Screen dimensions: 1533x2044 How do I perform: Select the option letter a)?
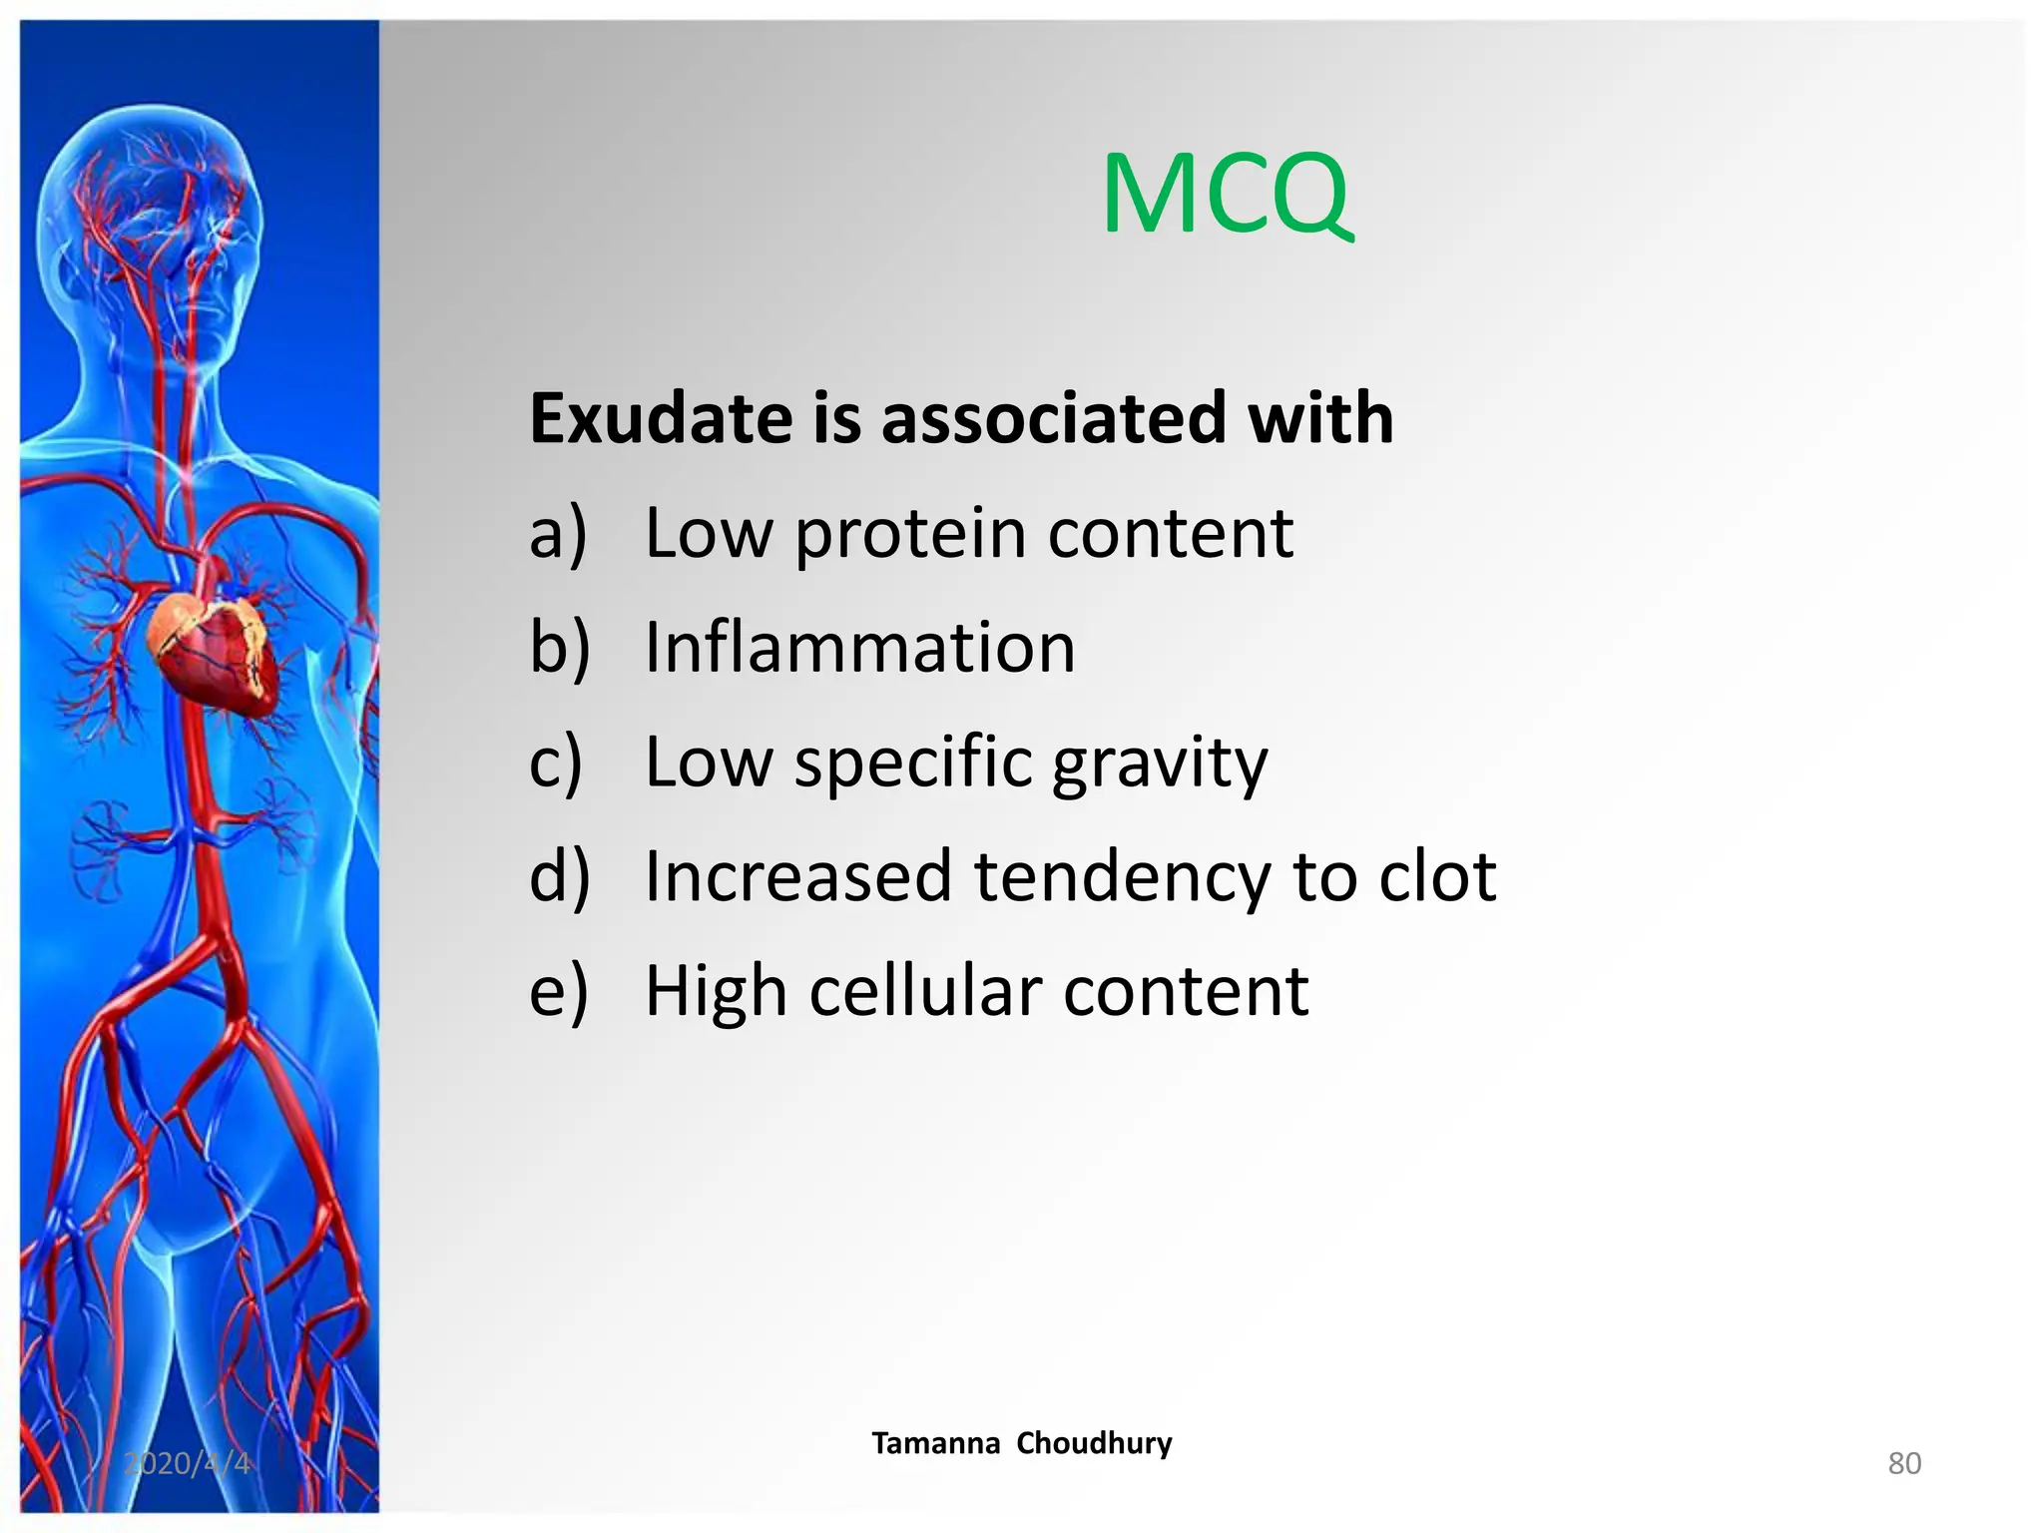[x=559, y=534]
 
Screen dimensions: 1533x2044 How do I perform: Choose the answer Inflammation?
[x=859, y=648]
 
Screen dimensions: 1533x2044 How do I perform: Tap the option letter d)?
[x=560, y=876]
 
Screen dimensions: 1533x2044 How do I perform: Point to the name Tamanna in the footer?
[x=935, y=1443]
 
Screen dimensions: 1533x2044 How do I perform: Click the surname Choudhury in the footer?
[x=1094, y=1443]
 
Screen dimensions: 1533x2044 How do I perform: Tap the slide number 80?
[x=1904, y=1463]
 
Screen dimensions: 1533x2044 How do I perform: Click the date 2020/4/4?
[x=188, y=1463]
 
